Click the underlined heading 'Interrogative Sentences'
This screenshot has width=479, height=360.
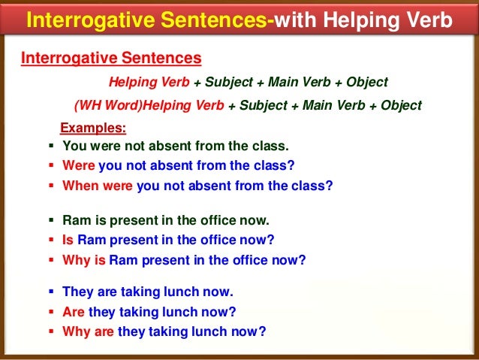coord(110,57)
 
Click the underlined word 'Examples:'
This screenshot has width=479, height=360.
coord(93,128)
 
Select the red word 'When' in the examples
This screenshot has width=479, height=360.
coord(79,184)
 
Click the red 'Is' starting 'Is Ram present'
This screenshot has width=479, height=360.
coord(68,241)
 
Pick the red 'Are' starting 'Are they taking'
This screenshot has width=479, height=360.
coord(74,312)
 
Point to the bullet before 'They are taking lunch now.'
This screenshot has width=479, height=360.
coord(51,292)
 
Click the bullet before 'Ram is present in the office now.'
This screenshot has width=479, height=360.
coord(51,222)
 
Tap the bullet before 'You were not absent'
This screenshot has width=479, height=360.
coord(51,147)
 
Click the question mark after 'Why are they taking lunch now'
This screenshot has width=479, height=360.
coord(262,331)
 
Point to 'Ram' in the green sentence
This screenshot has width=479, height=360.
coord(76,222)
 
